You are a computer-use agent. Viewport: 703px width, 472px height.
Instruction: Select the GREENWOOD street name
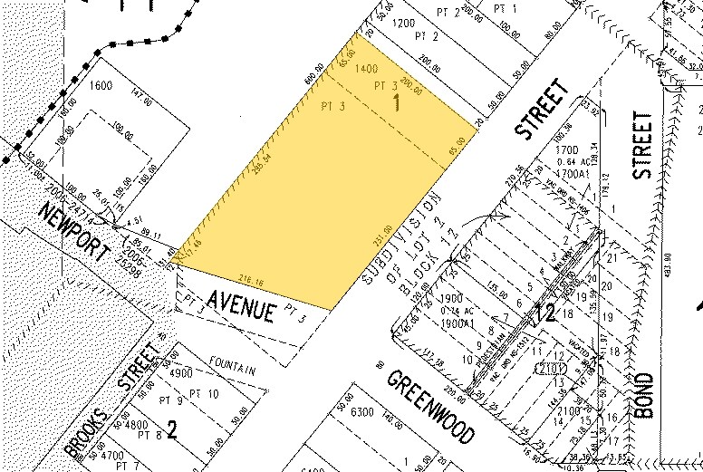[429, 407]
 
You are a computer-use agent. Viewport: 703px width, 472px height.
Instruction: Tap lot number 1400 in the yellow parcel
[367, 70]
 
